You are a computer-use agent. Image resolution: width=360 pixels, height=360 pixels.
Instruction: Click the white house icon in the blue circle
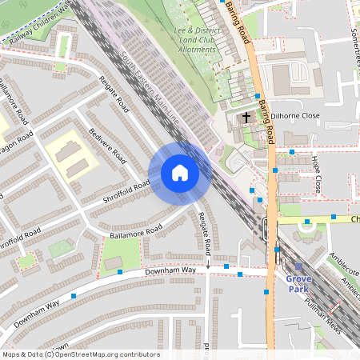click(179, 173)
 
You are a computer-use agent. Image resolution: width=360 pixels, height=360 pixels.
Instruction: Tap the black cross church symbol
click(246, 118)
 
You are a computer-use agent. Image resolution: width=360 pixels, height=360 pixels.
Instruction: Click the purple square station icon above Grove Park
click(298, 267)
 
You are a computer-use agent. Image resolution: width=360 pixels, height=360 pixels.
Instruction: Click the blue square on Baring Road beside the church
click(258, 96)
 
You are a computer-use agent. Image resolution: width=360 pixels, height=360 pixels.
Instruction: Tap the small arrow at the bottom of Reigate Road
click(207, 263)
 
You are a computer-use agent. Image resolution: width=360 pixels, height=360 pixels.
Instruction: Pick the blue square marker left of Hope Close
click(293, 151)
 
